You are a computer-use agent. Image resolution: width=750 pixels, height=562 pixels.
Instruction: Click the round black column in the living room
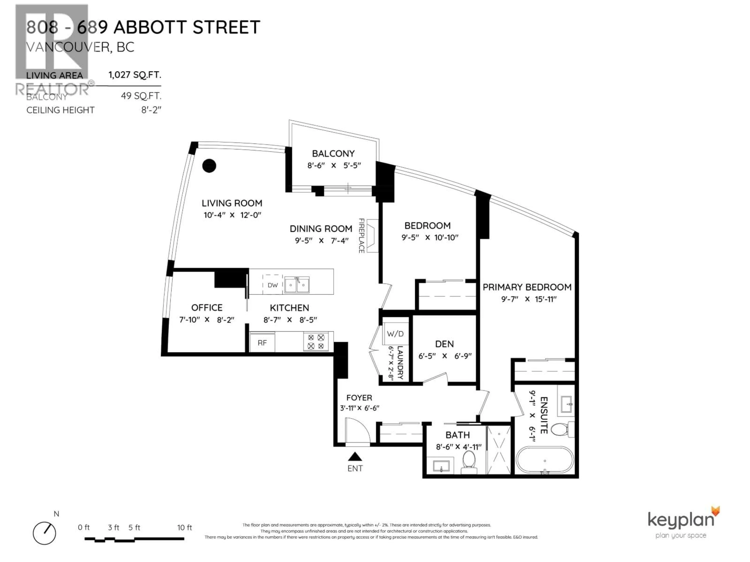[209, 166]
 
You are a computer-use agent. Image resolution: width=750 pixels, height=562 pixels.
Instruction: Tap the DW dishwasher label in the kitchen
[273, 285]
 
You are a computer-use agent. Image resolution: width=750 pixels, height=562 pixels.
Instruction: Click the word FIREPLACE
[362, 236]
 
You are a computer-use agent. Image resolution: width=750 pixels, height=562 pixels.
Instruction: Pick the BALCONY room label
[333, 154]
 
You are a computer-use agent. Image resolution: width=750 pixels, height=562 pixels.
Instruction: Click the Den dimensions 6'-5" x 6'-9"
[445, 356]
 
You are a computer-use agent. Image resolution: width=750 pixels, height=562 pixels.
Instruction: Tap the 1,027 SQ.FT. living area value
[135, 75]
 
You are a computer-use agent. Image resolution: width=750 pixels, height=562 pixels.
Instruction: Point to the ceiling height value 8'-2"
[151, 110]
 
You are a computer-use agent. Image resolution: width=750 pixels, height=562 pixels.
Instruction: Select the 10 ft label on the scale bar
[184, 527]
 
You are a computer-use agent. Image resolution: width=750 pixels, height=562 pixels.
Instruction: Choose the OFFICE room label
[207, 308]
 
